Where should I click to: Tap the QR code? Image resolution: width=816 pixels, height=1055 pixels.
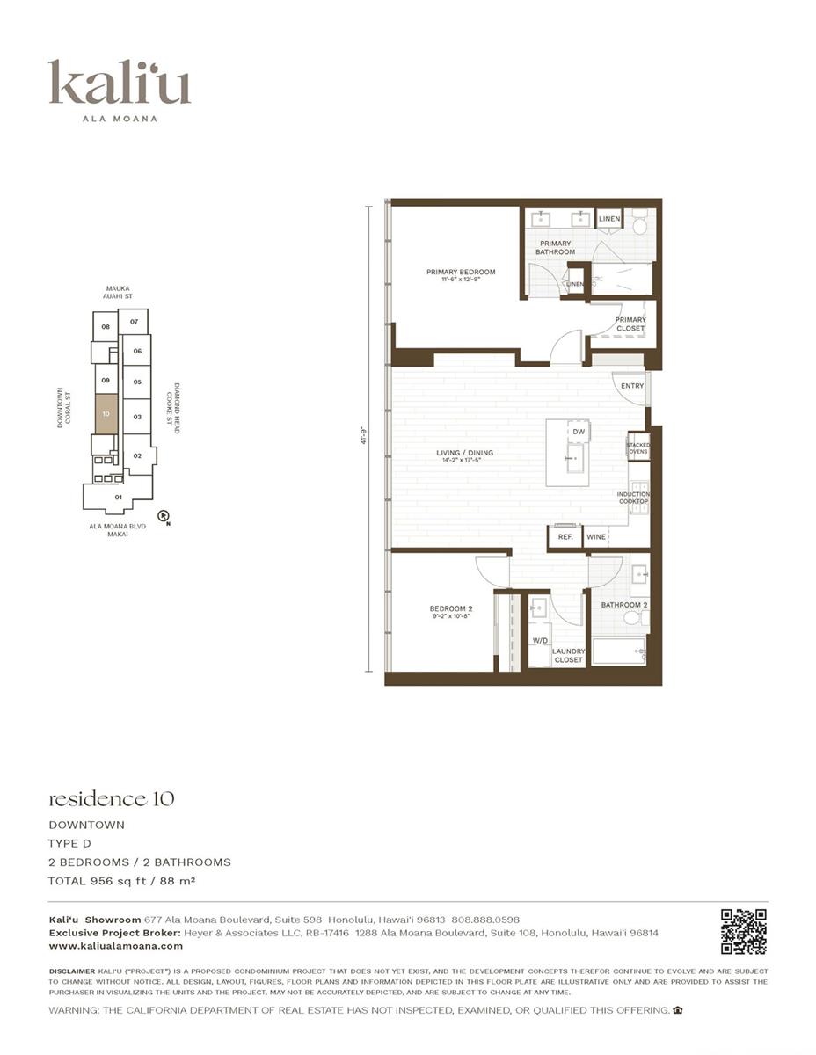point(743,932)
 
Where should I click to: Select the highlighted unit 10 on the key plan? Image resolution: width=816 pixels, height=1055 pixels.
point(106,413)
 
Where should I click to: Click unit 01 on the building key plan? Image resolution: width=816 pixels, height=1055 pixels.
point(119,497)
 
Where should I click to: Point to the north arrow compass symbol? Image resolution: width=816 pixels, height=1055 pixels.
point(163,517)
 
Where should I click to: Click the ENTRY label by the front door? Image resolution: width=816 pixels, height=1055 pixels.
point(631,386)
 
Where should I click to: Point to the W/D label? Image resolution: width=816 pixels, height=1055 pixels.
point(539,641)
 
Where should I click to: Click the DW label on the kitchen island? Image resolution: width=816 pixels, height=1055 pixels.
point(578,432)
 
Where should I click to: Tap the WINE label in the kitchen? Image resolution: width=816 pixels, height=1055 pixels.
point(596,536)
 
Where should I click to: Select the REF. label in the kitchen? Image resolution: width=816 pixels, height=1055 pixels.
point(565,536)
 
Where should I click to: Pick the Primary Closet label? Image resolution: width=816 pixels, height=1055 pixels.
point(630,324)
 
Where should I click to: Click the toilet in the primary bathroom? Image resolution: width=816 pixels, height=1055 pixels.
point(639,225)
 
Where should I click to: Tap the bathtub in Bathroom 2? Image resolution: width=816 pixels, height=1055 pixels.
point(619,651)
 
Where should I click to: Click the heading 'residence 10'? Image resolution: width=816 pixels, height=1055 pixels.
point(111,798)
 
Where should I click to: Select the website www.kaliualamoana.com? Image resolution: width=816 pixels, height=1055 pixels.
point(116,946)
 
